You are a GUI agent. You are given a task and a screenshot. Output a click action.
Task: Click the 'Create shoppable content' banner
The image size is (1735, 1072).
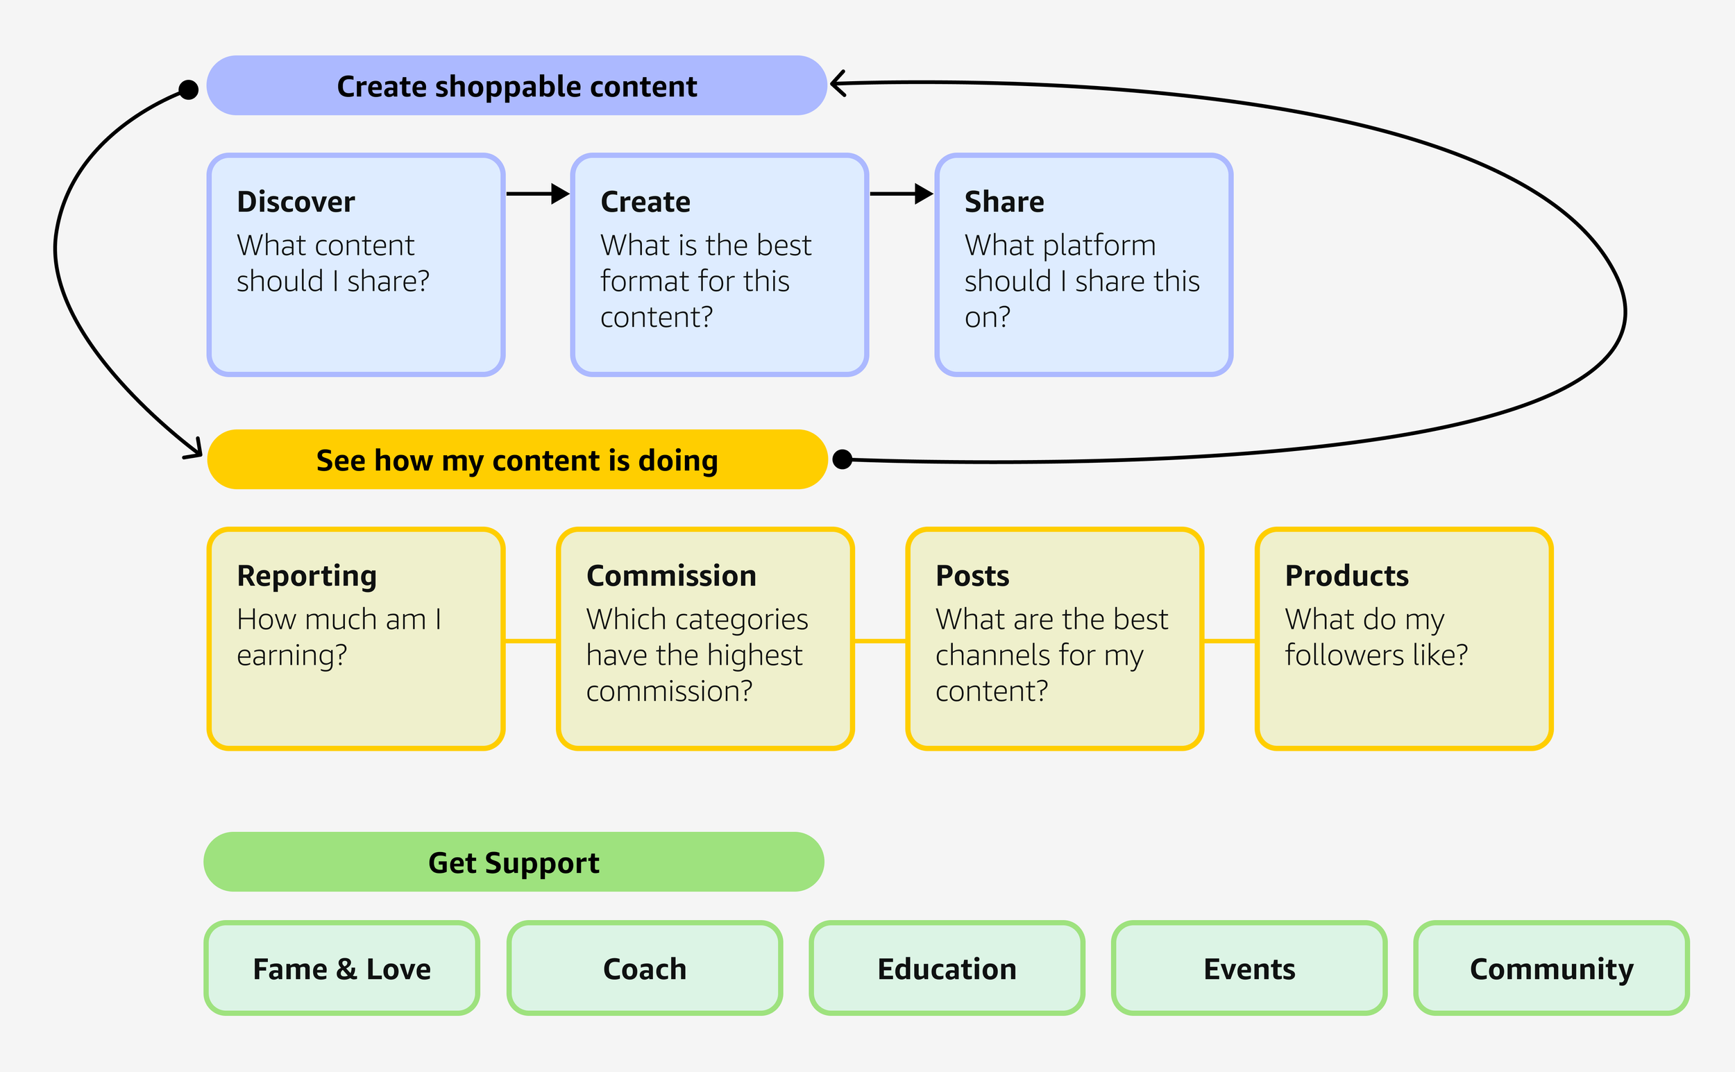click(x=517, y=86)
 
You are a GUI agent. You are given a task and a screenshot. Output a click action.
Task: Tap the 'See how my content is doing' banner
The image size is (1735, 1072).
click(x=518, y=459)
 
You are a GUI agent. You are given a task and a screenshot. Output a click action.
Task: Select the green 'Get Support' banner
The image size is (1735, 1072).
click(x=514, y=862)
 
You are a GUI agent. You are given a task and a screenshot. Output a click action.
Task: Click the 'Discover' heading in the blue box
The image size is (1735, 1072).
click(x=296, y=202)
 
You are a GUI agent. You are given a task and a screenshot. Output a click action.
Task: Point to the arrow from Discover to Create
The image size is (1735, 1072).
click(x=538, y=194)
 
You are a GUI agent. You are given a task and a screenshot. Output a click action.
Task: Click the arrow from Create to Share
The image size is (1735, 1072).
click(x=902, y=194)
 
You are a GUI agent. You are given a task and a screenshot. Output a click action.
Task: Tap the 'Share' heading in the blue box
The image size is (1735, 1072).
click(x=1004, y=202)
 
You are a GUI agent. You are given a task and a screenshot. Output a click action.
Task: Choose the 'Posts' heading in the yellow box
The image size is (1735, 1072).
click(x=972, y=576)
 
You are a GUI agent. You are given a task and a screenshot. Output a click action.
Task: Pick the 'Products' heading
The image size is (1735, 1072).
click(x=1346, y=576)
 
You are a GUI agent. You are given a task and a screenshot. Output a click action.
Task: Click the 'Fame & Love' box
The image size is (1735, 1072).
click(x=341, y=969)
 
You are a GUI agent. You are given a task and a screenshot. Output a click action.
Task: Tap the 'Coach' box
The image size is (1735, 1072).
click(x=645, y=969)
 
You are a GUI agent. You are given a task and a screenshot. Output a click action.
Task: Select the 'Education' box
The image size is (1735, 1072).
click(x=947, y=969)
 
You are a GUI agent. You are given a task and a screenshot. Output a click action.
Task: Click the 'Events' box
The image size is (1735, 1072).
click(x=1249, y=969)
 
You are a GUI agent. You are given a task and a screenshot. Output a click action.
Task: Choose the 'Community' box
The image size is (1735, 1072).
click(x=1551, y=969)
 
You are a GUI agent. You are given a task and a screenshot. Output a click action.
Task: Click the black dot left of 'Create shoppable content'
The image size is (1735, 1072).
click(x=189, y=90)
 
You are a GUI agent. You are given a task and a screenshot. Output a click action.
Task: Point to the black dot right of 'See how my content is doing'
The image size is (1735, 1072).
click(x=843, y=459)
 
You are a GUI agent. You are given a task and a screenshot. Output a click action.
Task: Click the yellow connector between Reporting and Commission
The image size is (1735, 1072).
click(x=530, y=641)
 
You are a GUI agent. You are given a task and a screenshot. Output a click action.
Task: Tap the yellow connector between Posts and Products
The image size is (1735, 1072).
click(x=1230, y=641)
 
